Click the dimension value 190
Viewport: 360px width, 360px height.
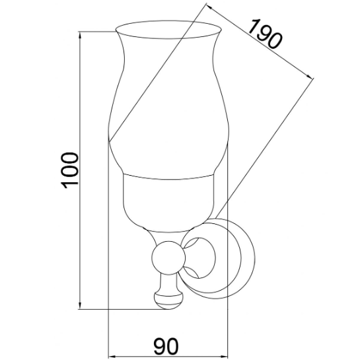(266, 34)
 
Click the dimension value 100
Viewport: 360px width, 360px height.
(69, 170)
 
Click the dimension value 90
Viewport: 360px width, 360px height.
(166, 346)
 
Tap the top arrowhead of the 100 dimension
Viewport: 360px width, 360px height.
(80, 36)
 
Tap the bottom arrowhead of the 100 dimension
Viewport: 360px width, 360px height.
(80, 305)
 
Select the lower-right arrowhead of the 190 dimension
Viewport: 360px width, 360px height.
(309, 75)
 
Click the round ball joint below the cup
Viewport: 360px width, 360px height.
(168, 258)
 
